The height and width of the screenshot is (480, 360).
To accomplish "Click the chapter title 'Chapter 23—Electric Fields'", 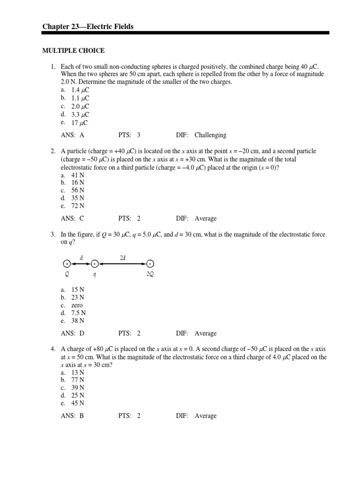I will coord(88,27).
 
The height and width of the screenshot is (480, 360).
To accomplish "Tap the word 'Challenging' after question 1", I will coord(210,135).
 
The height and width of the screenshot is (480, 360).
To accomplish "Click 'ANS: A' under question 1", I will coord(72,135).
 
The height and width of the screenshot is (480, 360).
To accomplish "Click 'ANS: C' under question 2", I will coord(72,218).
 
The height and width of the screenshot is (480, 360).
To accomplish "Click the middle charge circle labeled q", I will coord(95,264).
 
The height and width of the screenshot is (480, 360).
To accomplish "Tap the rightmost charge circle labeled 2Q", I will coord(150,264).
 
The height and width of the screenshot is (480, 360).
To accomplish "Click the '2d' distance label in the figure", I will coord(123,257).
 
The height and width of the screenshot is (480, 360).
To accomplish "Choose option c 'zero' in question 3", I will coord(77,305).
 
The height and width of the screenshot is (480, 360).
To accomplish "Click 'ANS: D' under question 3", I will coord(72,333).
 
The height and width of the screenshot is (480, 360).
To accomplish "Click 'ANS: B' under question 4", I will coord(72,416).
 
